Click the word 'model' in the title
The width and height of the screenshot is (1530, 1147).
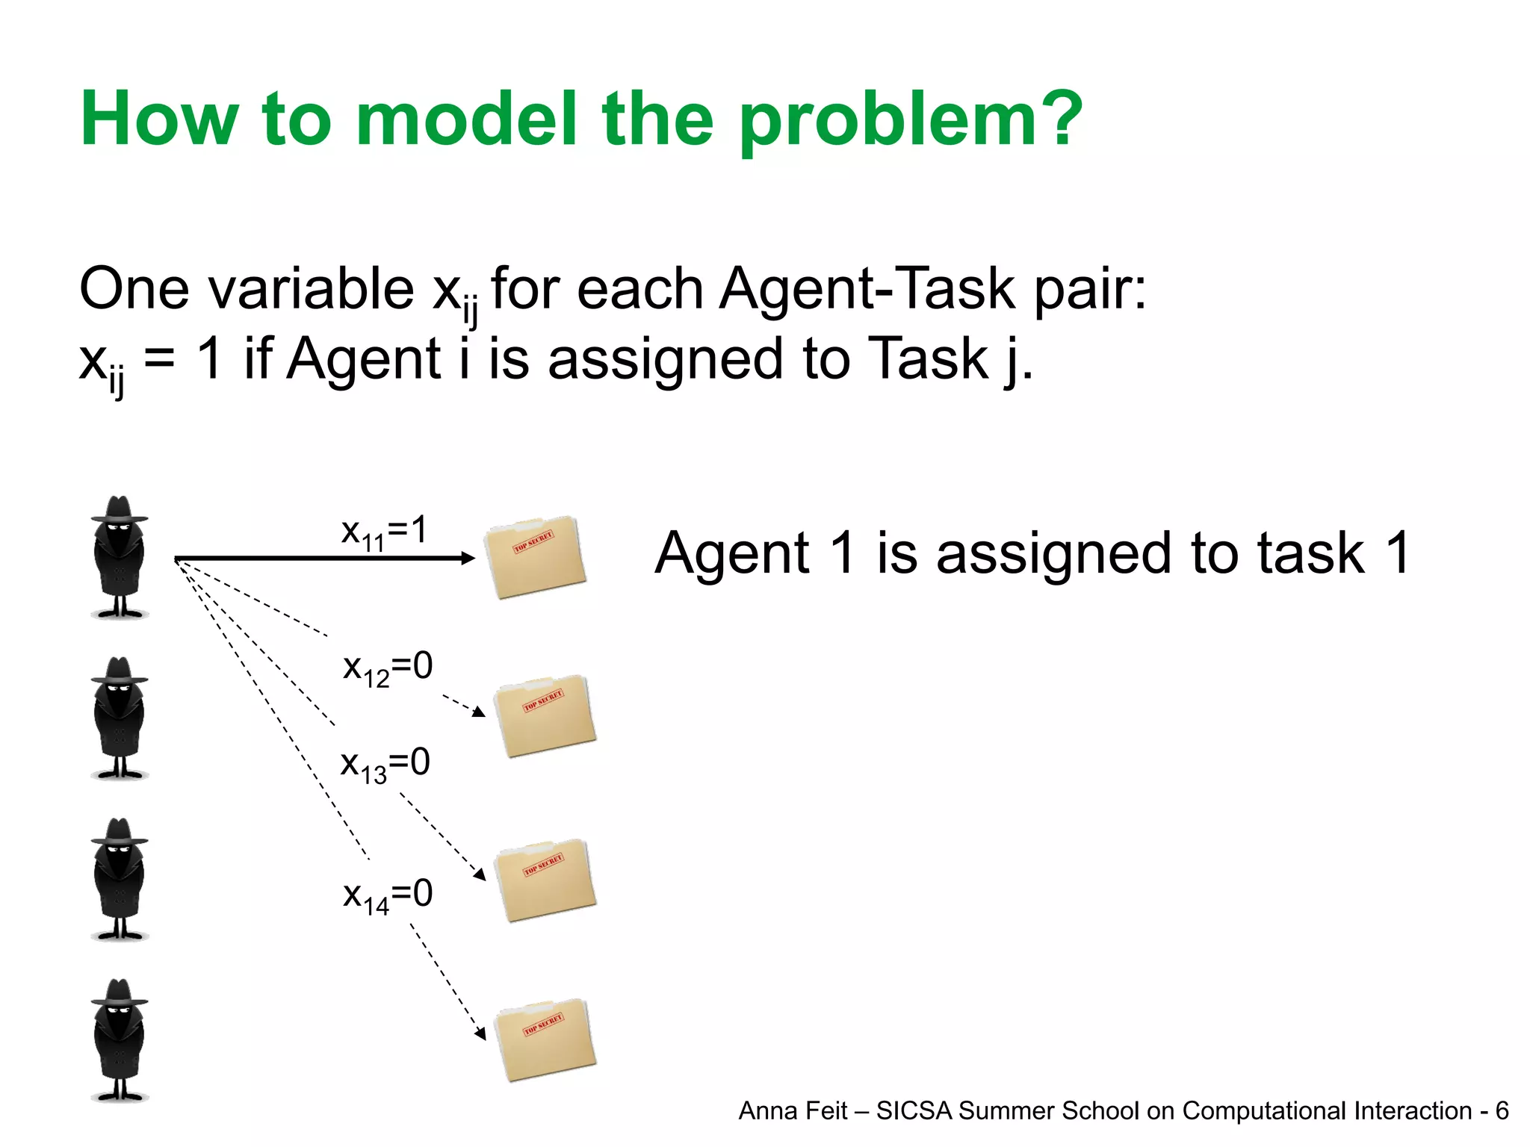coord(466,119)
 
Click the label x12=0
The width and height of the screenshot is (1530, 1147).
coord(388,668)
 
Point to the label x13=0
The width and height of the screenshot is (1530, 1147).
coord(385,765)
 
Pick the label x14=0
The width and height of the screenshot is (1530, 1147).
coord(388,895)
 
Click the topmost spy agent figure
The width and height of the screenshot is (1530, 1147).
coord(120,557)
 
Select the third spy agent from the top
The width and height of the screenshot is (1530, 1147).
coord(120,880)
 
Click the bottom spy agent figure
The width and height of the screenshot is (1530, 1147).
coord(120,1040)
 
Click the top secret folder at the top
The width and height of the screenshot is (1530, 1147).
coord(534,557)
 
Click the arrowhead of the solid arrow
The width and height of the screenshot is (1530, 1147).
coord(468,558)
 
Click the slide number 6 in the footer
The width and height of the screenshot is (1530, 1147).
coord(1502,1111)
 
